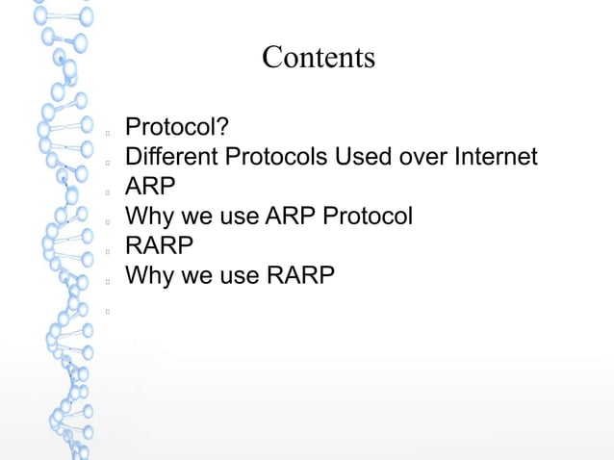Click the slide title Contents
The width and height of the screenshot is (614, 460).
click(318, 58)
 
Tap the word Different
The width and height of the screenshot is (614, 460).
click(172, 156)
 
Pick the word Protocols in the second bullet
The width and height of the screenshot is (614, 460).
click(276, 156)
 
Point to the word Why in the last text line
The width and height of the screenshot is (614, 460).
click(149, 276)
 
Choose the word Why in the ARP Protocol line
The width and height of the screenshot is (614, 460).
click(149, 216)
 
